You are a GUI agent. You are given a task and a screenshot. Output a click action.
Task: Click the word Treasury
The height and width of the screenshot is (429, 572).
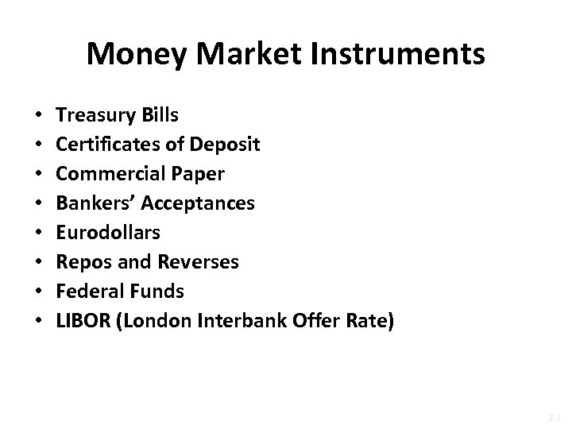95,116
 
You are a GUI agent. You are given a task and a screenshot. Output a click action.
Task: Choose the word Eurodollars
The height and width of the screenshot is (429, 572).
109,233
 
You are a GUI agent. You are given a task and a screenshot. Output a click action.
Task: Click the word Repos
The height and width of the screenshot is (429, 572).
81,263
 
